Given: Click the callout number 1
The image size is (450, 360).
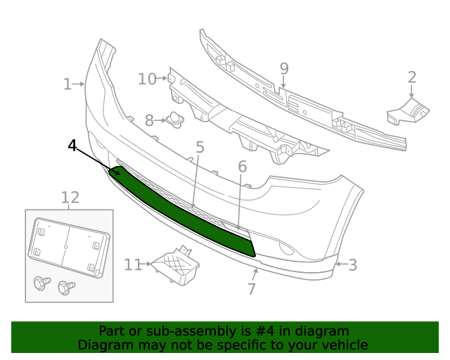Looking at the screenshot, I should tap(67, 84).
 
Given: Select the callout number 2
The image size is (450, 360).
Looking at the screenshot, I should tap(412, 77).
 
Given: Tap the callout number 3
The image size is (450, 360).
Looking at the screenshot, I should tap(352, 265).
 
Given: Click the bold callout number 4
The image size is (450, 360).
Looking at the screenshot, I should tap(72, 146).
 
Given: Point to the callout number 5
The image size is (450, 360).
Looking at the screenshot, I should tap(200, 148).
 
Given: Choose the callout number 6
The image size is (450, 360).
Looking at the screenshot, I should tap(242, 167).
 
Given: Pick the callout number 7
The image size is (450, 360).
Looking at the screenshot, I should tap(251, 288).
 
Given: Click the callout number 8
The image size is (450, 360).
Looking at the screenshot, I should tap(149, 121).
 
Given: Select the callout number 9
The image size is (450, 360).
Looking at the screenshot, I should tap(284, 68).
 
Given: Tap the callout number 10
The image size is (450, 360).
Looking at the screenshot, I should tap(147, 79).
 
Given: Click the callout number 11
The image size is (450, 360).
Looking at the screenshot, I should tap(133, 264).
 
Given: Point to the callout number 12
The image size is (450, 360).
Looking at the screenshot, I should tap(70, 198).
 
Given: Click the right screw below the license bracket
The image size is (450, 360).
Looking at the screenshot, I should tap(67, 287).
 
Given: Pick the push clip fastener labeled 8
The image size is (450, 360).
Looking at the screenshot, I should tap(174, 121).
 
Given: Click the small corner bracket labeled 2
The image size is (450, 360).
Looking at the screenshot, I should tap(407, 112).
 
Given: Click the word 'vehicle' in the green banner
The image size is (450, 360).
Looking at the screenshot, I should tap(344, 345).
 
